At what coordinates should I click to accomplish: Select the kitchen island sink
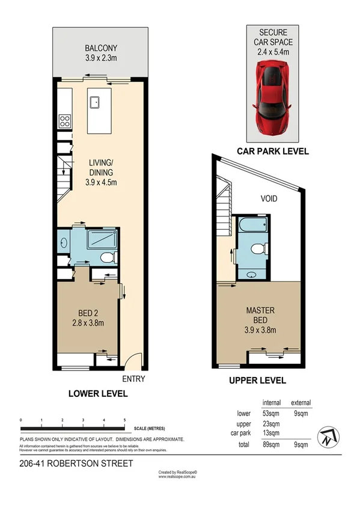tap(96, 102)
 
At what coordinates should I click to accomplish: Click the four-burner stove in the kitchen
tap(65, 120)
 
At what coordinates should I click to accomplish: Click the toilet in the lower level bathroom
tap(106, 257)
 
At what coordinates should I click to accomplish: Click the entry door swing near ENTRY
tap(135, 360)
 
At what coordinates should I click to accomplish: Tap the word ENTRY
tap(133, 379)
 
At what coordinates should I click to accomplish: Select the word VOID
tap(269, 198)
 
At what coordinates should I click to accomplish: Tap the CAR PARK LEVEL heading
tap(273, 152)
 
